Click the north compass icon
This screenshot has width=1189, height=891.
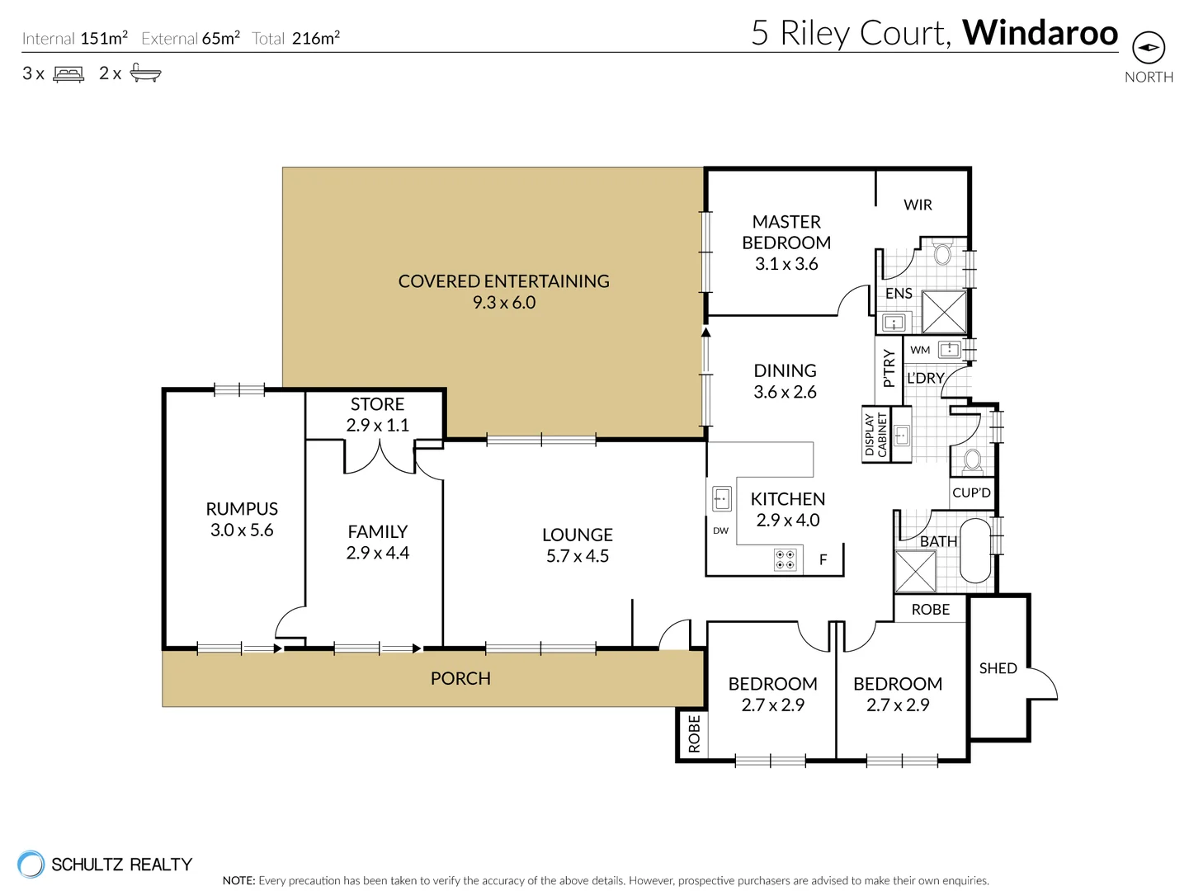click(1149, 47)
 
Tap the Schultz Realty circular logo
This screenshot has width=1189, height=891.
click(31, 864)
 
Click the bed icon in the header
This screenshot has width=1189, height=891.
click(68, 73)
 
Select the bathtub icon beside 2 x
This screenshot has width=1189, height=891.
click(145, 73)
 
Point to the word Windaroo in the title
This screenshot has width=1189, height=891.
click(1040, 33)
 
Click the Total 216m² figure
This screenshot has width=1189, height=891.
click(295, 38)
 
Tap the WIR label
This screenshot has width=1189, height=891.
click(918, 205)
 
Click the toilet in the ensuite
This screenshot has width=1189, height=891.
click(942, 252)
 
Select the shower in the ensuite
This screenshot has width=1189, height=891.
click(944, 312)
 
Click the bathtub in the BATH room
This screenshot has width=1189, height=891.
click(975, 551)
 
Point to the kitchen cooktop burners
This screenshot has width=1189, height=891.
click(785, 559)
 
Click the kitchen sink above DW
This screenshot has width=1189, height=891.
click(721, 498)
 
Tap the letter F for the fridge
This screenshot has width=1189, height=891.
click(823, 559)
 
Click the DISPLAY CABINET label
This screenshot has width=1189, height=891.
click(876, 435)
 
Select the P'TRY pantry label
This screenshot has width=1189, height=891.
click(889, 368)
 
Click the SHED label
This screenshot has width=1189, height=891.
click(998, 668)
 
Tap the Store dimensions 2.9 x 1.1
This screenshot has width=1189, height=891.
click(378, 425)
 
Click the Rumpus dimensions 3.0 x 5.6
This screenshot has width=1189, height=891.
click(242, 530)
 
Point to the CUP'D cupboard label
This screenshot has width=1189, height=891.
click(971, 493)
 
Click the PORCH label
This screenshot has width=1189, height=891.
click(460, 678)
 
